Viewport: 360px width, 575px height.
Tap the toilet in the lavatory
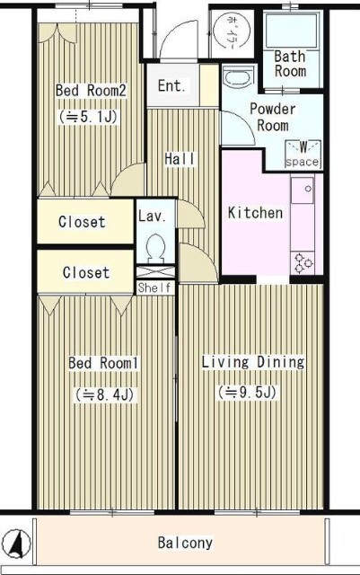[156, 248]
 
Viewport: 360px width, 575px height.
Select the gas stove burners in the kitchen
[303, 263]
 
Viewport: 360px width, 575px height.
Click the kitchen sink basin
[302, 190]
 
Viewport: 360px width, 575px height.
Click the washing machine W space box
[303, 155]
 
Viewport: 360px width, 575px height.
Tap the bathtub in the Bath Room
[292, 31]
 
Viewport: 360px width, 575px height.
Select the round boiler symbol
[232, 30]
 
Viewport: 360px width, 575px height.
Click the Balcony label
[185, 543]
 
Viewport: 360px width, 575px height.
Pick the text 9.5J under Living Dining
[252, 393]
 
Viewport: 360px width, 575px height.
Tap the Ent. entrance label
[171, 86]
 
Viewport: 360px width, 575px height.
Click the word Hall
[180, 159]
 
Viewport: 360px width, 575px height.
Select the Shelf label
[154, 287]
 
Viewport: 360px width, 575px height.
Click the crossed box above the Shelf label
[155, 273]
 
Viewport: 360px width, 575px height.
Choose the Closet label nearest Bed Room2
[82, 222]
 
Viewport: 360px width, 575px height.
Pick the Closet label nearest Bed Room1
[86, 272]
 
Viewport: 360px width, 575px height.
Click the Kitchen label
[255, 213]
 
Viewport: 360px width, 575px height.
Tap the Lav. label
[153, 216]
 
